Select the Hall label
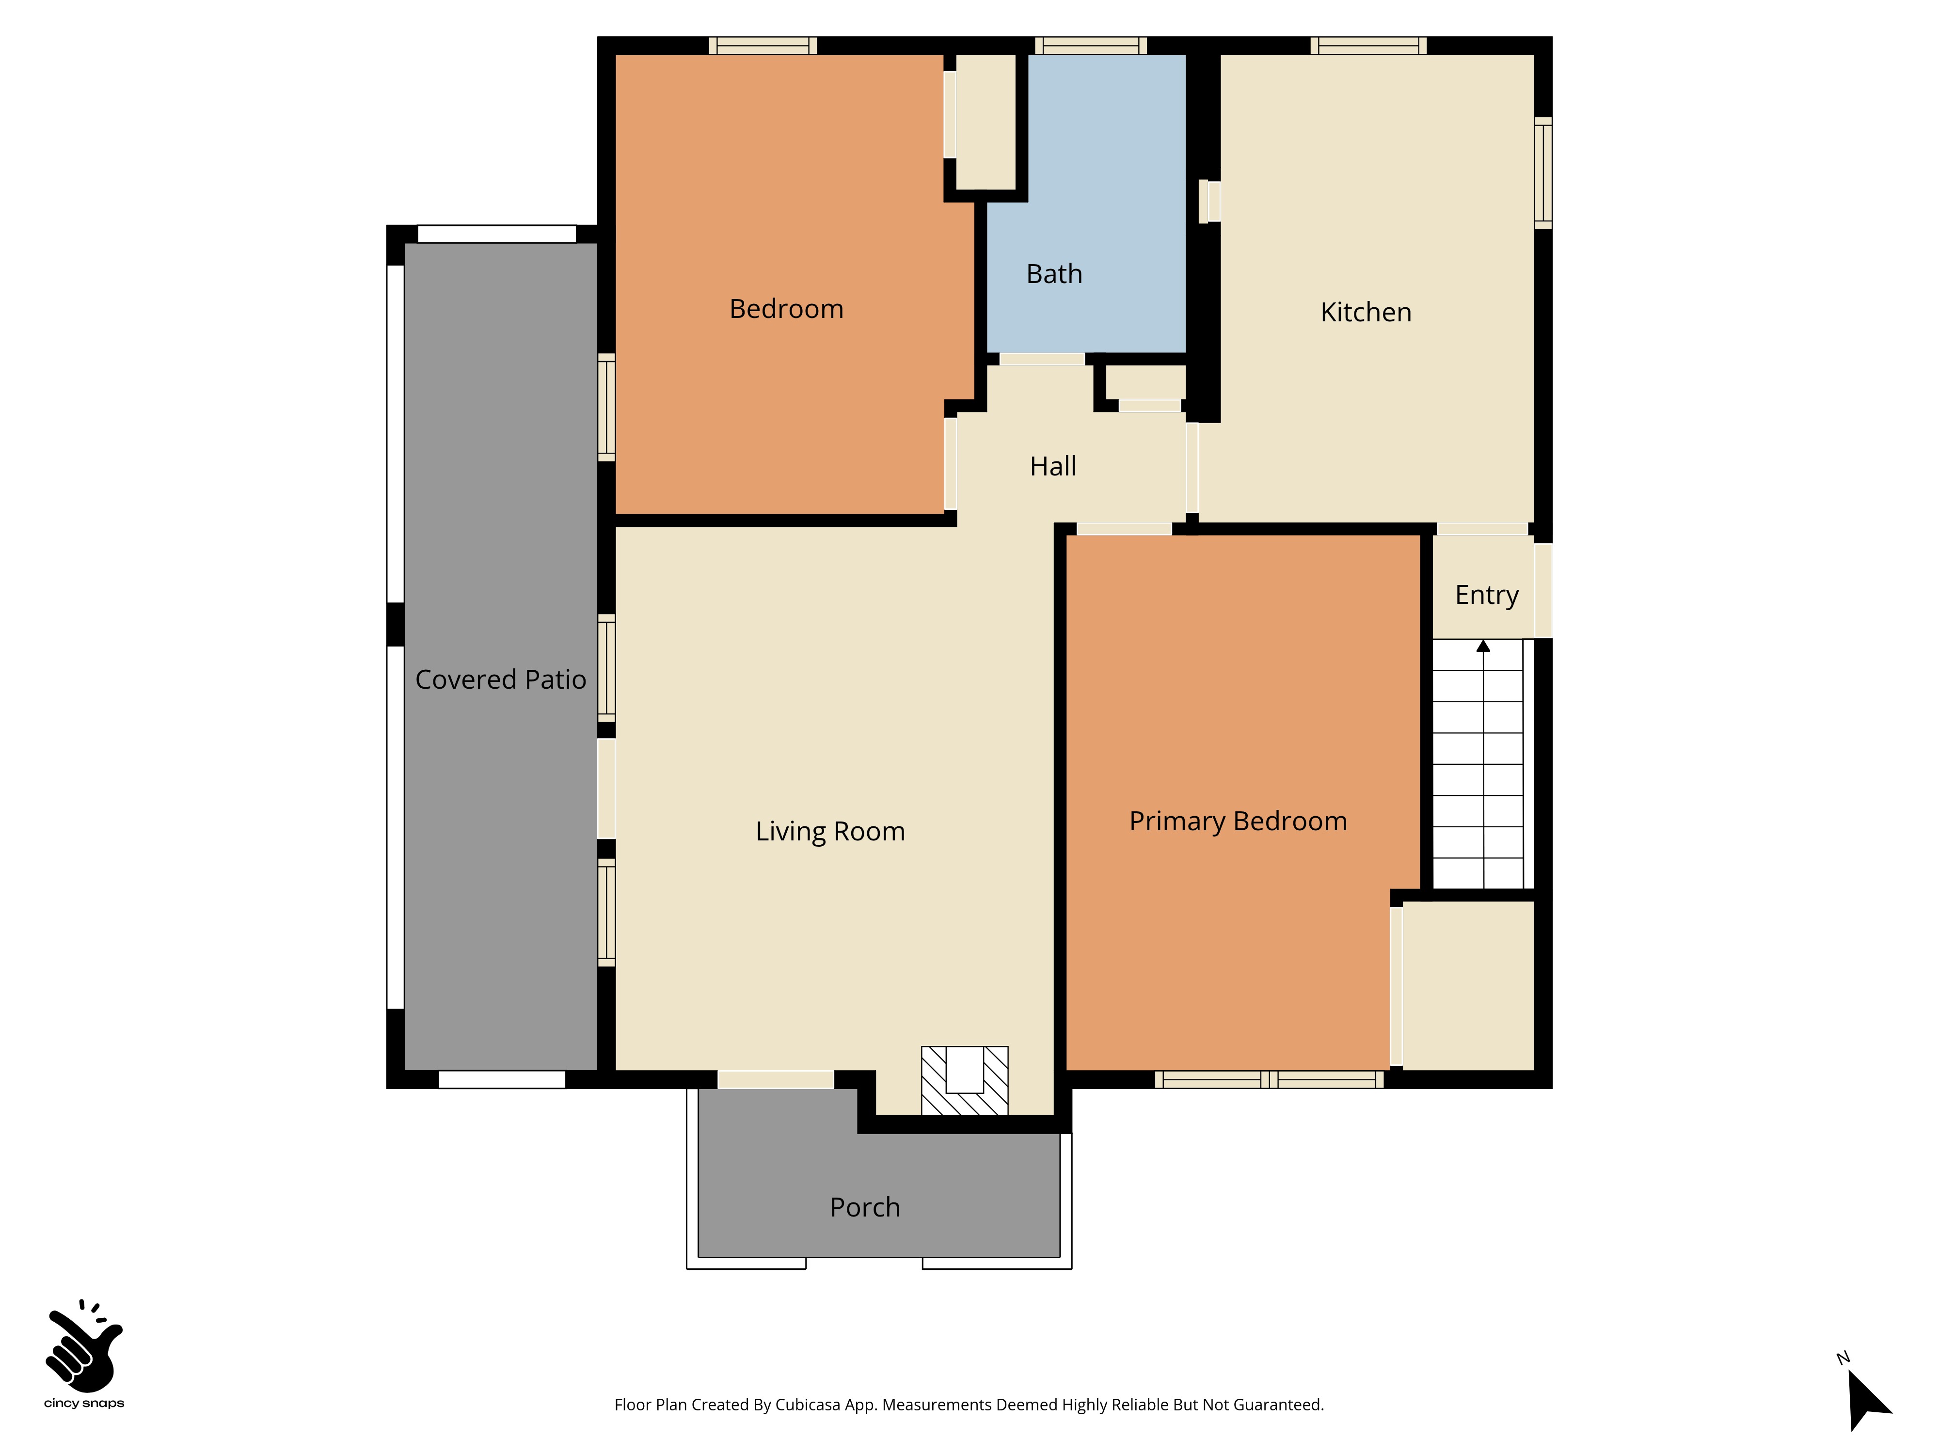coord(1053,466)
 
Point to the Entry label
coord(1487,595)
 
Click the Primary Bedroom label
coord(1238,821)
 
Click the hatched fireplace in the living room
coord(964,1081)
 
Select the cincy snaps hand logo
coord(84,1346)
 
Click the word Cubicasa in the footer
coord(807,1405)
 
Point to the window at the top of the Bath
coord(1091,46)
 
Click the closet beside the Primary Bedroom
coord(1468,986)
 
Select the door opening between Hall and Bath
coord(1042,359)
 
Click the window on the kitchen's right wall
coord(1543,173)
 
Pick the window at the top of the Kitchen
coord(1368,46)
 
